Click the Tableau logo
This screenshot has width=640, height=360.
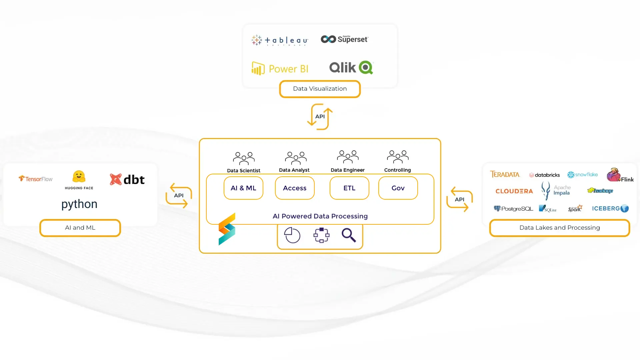click(x=279, y=40)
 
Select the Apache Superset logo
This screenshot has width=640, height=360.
click(x=344, y=39)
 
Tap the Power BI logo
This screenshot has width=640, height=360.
click(x=280, y=69)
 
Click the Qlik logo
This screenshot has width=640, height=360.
click(x=351, y=68)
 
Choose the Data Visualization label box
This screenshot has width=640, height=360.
click(x=320, y=89)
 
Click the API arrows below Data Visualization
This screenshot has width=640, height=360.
click(x=320, y=117)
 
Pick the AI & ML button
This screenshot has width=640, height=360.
click(x=243, y=188)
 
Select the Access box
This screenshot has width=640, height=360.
click(x=295, y=188)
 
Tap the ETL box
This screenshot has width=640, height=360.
click(x=349, y=188)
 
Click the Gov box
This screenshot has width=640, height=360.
click(x=398, y=188)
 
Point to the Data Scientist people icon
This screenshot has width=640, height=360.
click(x=244, y=158)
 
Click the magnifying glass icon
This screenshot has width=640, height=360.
click(x=349, y=235)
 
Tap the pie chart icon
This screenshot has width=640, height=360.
click(x=292, y=235)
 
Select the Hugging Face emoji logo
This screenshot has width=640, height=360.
click(x=79, y=177)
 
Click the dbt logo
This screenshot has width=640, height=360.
click(x=127, y=180)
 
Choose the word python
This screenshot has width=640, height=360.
click(x=79, y=204)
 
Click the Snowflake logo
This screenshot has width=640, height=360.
click(x=582, y=175)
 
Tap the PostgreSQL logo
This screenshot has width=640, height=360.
click(x=513, y=209)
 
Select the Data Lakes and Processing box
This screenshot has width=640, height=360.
click(x=559, y=228)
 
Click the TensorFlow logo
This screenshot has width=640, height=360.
click(x=36, y=179)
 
